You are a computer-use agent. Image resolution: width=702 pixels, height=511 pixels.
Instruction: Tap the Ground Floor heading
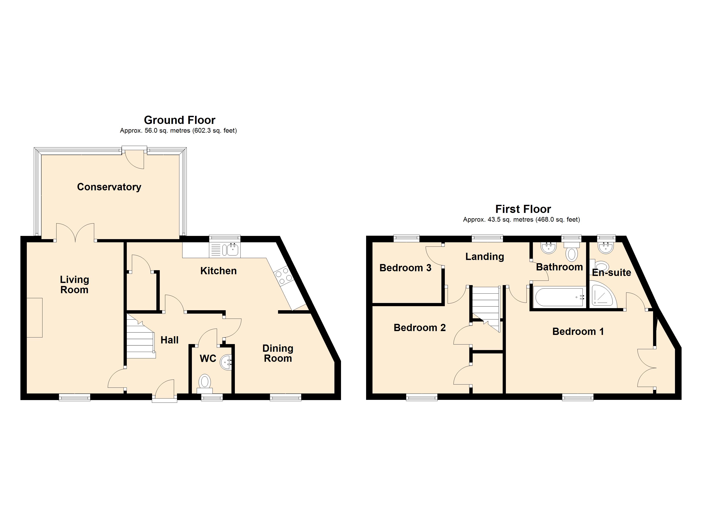tap(180, 120)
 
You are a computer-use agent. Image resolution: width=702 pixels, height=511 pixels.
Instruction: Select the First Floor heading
tap(523, 209)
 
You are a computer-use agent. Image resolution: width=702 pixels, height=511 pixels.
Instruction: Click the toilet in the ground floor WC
tap(205, 382)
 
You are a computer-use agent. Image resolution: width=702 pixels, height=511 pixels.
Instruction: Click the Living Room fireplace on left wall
tap(34, 318)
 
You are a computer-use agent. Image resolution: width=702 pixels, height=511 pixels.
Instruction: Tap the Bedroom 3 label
tap(405, 268)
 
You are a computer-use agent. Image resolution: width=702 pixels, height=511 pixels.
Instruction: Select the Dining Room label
tap(278, 353)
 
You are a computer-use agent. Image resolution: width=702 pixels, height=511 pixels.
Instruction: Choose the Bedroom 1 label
tap(578, 332)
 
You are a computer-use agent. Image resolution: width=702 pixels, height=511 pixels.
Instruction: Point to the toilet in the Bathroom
tap(571, 252)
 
